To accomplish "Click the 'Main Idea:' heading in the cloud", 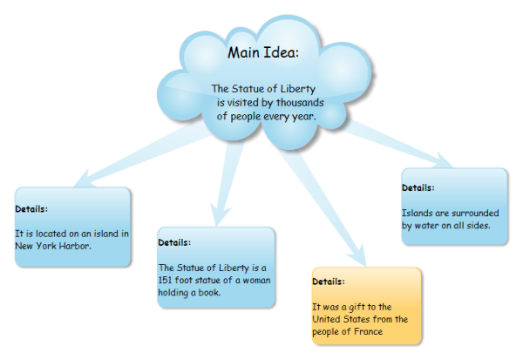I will (262, 52).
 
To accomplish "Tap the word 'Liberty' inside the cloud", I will (296, 88).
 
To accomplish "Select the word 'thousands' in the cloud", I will (294, 101).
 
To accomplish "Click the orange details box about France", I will (366, 307).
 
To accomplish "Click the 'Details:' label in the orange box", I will (329, 282).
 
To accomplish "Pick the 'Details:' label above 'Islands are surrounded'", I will (418, 187).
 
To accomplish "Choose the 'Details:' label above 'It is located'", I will (31, 208).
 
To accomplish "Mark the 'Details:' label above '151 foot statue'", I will (174, 241).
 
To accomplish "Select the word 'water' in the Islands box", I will (433, 226).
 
